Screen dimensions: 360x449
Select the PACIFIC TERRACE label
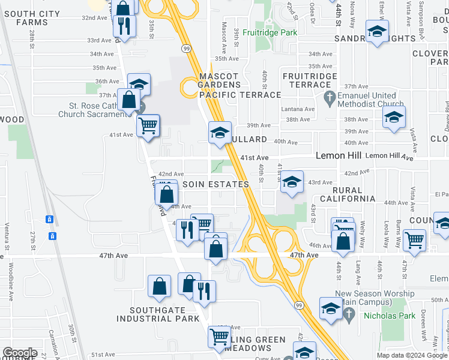240,95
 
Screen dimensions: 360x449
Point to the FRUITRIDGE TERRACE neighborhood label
310,80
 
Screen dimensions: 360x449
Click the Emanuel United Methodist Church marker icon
329,96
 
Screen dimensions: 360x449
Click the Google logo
20,353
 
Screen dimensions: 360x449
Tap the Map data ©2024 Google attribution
412,355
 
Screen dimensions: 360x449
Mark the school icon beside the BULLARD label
220,131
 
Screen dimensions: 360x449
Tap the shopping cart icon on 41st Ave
148,126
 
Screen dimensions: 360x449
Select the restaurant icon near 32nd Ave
124,26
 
